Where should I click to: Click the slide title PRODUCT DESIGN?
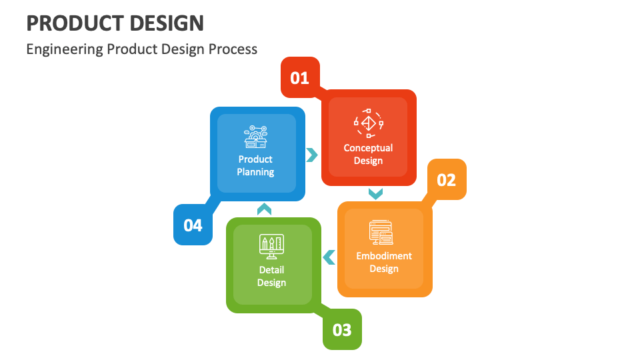coord(115,23)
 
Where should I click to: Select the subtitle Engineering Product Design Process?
coord(141,49)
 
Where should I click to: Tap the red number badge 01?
coord(300,78)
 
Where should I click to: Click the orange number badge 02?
coord(447,179)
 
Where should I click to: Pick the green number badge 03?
coord(342,329)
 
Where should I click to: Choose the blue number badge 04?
coord(193,225)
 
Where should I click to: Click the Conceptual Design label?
coord(368,154)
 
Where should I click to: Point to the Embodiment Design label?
coord(384,262)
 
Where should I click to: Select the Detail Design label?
coord(271,276)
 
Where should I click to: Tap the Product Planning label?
coord(255,165)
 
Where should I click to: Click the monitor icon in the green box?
coord(271,247)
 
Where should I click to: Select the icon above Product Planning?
coord(256,136)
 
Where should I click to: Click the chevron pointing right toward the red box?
coord(312,155)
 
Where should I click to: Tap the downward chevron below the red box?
coord(375,193)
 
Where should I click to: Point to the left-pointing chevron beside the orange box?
coord(329,257)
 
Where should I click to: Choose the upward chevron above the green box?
coord(264,209)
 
